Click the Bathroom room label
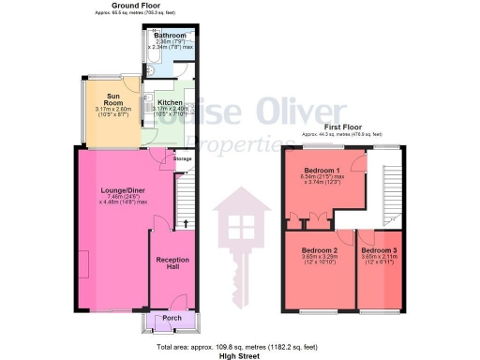pyautogui.click(x=170, y=35)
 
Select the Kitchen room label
pyautogui.click(x=170, y=102)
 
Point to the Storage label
pyautogui.click(x=181, y=159)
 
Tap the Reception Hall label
pyautogui.click(x=172, y=262)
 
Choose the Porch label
pyautogui.click(x=172, y=318)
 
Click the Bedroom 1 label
pyautogui.click(x=321, y=170)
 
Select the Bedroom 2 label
pyautogui.click(x=319, y=251)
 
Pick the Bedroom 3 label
pyautogui.click(x=379, y=251)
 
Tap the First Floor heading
pyautogui.click(x=343, y=127)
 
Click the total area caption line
pyautogui.click(x=239, y=346)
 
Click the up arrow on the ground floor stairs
pyautogui.click(x=186, y=223)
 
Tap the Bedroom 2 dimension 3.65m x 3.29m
pyautogui.click(x=319, y=259)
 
